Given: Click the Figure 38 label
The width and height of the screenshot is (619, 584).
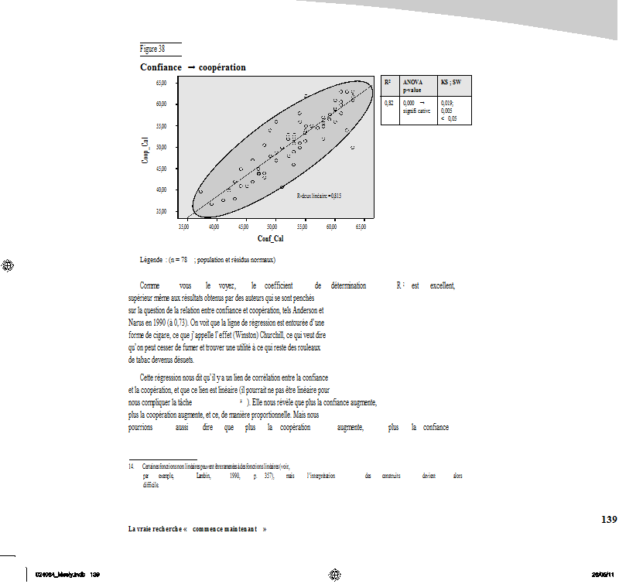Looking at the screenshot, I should tap(152, 49).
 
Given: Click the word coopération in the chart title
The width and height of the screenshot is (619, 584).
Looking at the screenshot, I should tap(222, 67).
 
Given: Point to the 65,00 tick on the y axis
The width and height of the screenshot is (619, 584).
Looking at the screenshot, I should tap(162, 82).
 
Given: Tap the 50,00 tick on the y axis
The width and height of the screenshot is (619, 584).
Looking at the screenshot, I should tap(162, 146).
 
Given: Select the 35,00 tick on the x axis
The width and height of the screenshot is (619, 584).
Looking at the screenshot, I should tap(184, 227).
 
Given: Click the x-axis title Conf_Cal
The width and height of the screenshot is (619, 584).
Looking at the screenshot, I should tap(271, 239).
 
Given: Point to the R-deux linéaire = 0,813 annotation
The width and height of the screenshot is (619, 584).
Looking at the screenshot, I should tap(319, 196).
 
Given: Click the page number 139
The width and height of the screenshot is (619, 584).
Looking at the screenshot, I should tap(609, 519).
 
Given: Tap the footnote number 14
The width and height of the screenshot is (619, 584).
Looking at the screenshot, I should tap(132, 466).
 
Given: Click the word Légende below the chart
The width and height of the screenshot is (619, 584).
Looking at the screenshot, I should tap(151, 259).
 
